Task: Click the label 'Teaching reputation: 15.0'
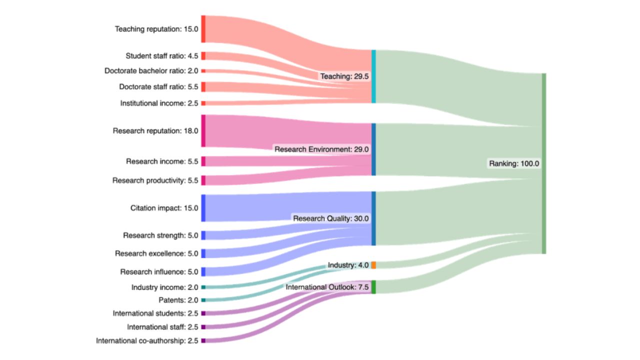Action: pos(156,29)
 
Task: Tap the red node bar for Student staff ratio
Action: pos(203,56)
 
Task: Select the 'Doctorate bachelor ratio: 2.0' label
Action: pos(151,71)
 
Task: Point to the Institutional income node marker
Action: pos(203,103)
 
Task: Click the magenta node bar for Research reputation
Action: pos(203,131)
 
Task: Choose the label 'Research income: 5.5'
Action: pos(162,161)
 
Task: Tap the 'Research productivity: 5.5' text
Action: pos(155,180)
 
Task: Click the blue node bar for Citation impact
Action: pos(203,208)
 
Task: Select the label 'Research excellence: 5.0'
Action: pos(156,253)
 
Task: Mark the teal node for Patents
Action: pos(203,300)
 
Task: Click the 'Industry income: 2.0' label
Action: pos(164,287)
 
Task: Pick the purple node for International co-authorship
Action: pos(203,340)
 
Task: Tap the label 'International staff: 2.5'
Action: pos(162,327)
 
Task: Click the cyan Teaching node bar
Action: pos(373,76)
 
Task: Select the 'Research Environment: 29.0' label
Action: pos(321,149)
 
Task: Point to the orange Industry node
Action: pos(373,265)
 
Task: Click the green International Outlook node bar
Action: pos(373,287)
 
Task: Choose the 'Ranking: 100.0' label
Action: pos(514,163)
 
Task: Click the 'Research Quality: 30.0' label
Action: pos(330,218)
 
